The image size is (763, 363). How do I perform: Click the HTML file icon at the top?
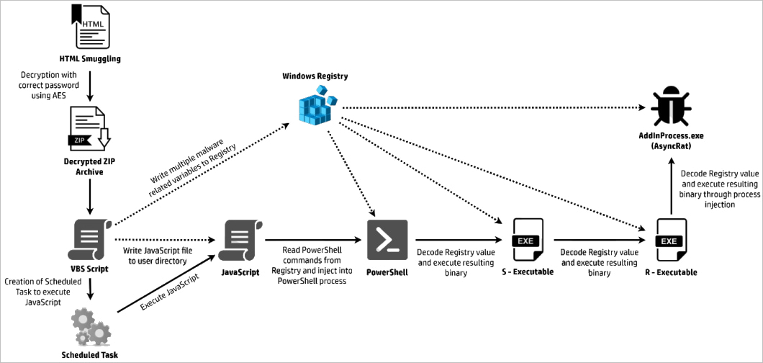pos(89,26)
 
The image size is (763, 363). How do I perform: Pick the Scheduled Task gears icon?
pos(90,326)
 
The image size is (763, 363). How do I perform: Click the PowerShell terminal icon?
pos(387,240)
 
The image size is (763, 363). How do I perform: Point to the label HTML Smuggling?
pos(90,58)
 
